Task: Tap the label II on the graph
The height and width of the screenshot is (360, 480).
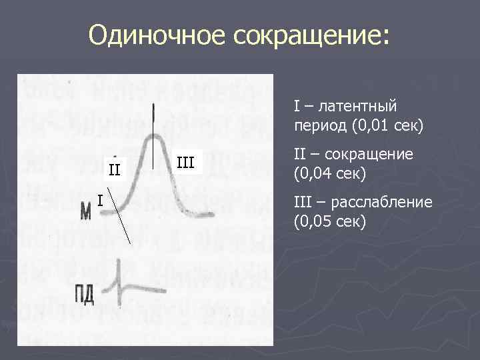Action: click(115, 169)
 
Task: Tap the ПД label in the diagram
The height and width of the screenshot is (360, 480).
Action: click(84, 294)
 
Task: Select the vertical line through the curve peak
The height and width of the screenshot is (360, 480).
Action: click(155, 133)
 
